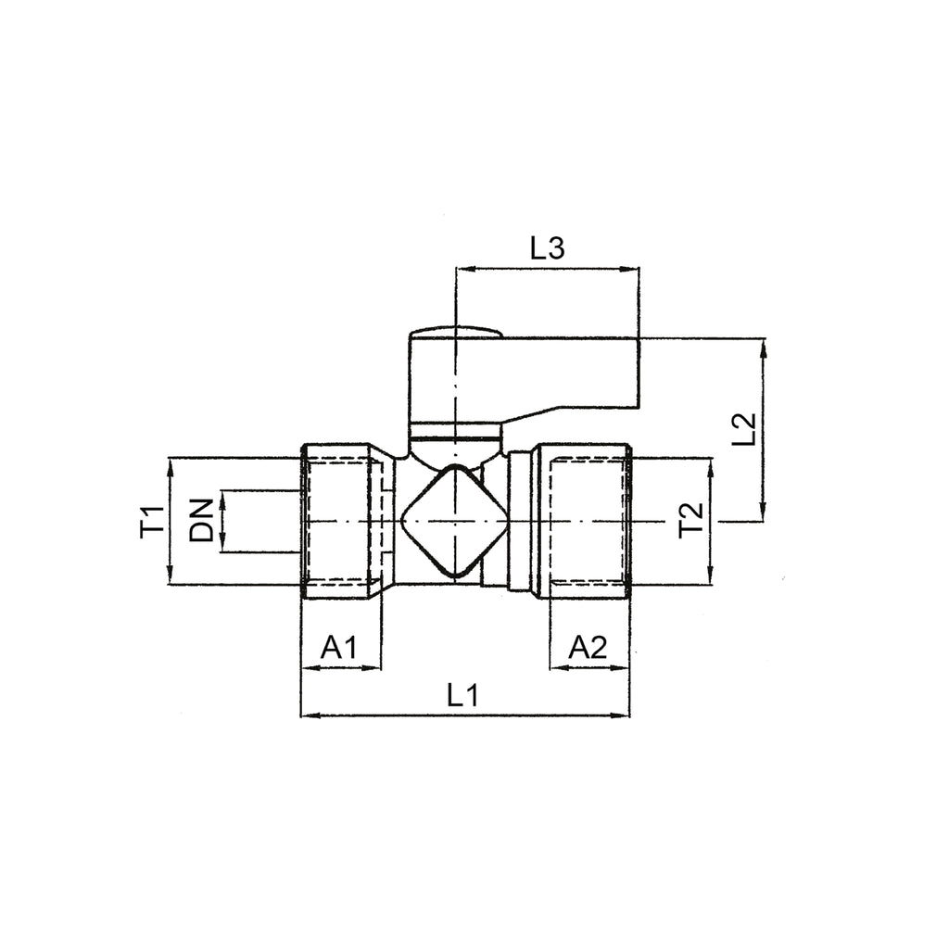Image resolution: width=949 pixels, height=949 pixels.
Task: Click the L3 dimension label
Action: pos(547,248)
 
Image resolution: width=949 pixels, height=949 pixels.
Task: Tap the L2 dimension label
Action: pos(745,429)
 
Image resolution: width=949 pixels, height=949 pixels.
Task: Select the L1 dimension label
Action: pos(463,695)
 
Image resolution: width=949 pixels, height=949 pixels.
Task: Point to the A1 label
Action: pos(339,648)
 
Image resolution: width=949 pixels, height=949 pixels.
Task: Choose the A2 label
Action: pos(588,648)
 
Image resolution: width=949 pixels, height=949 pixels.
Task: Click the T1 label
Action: pos(153,521)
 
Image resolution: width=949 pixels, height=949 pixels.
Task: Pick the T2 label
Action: pos(691,520)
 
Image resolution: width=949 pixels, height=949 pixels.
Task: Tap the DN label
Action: pos(201,520)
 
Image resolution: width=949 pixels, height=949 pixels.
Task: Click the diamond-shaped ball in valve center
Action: pos(453,521)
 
